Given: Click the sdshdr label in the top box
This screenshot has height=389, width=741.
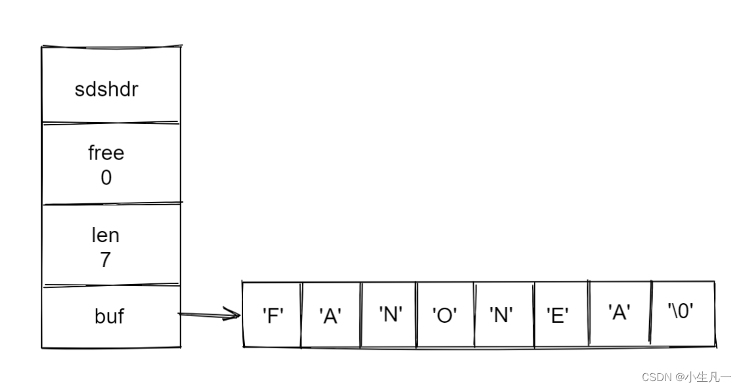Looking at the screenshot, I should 106,89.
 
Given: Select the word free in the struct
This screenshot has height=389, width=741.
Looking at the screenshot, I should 106,153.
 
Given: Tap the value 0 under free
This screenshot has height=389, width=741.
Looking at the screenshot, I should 106,178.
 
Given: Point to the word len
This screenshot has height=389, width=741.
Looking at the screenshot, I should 105,235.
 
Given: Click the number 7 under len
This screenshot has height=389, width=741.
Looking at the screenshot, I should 105,260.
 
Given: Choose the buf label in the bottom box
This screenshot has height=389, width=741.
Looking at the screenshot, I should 109,317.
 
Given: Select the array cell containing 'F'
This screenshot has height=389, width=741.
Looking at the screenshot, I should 272,316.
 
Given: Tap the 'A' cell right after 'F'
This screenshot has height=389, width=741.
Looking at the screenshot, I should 330,316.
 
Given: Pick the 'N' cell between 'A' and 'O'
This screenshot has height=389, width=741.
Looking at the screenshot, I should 389,314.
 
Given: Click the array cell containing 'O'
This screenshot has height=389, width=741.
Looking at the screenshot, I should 445,316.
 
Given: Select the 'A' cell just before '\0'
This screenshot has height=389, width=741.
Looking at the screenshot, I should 619,313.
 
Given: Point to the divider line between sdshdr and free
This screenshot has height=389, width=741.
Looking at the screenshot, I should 110,122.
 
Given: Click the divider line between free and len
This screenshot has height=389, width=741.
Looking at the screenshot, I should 110,203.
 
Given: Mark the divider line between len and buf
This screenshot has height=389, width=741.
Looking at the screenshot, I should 110,285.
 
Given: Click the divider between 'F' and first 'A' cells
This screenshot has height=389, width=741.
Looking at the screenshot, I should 301,315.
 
